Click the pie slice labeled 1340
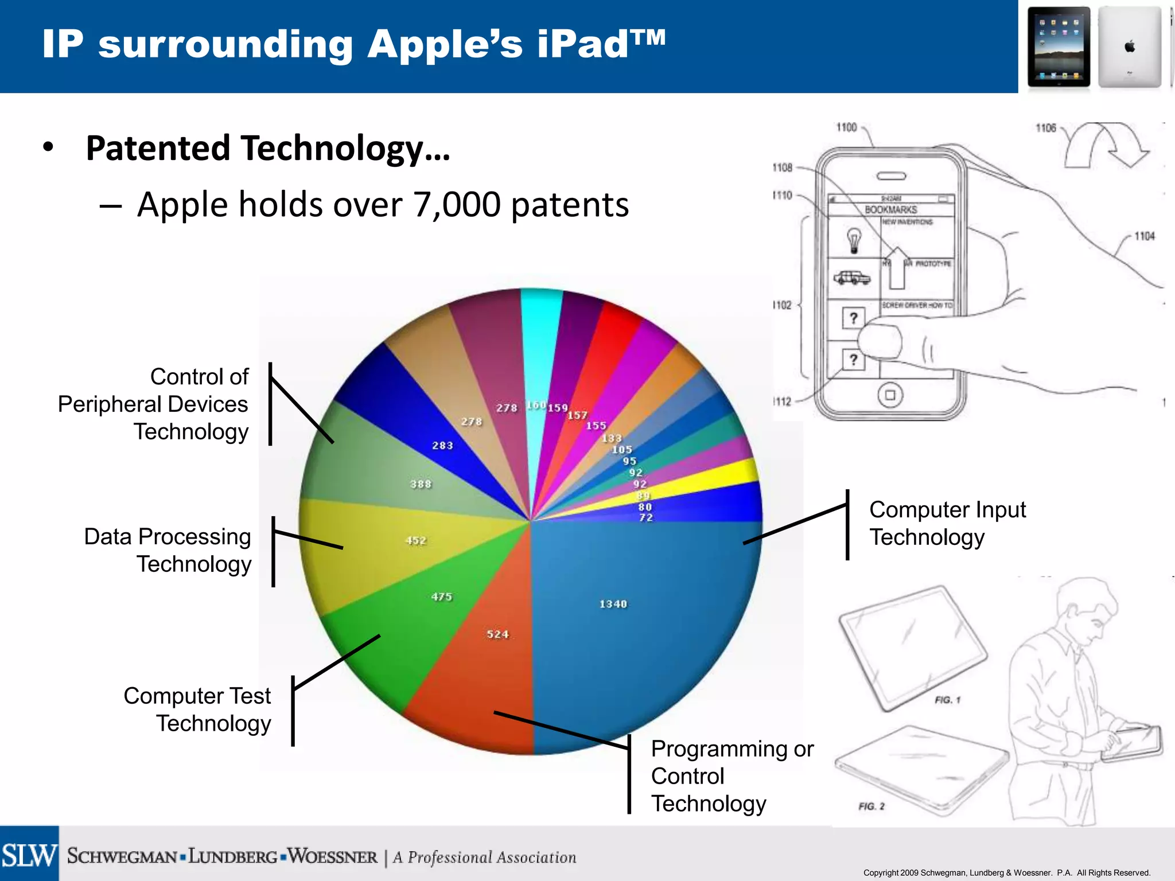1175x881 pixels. click(x=631, y=619)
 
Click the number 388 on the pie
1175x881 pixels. click(x=421, y=484)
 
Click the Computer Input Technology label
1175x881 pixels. click(x=947, y=523)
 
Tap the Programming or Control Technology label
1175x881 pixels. click(x=732, y=775)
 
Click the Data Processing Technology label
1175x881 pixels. click(x=168, y=550)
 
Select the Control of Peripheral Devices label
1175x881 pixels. click(x=154, y=404)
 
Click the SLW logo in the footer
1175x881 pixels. click(x=29, y=855)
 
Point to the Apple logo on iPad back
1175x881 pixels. click(x=1130, y=46)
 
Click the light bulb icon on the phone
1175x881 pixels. click(x=854, y=240)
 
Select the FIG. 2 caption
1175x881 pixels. click(x=871, y=806)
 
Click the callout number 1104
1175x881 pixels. click(x=1144, y=236)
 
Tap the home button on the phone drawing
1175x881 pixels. click(x=890, y=395)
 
